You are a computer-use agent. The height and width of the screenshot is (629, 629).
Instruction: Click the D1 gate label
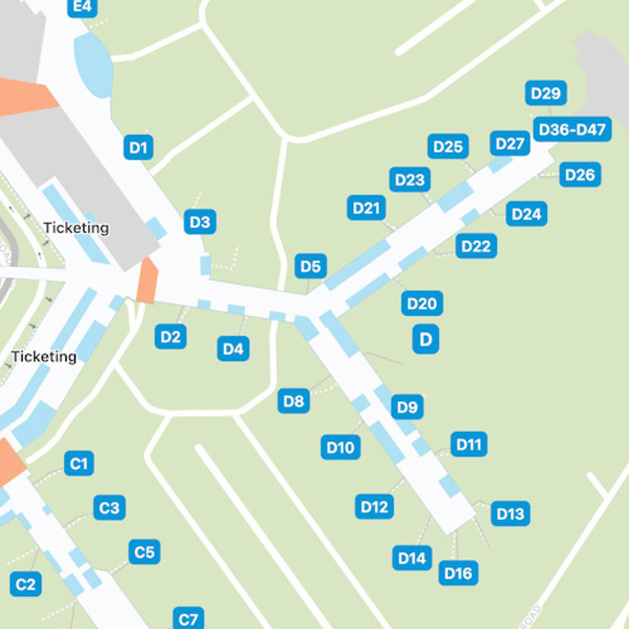coord(137,147)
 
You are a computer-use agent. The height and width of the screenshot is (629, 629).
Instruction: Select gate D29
coord(545,93)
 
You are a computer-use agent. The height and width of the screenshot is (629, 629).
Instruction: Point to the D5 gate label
coord(311,267)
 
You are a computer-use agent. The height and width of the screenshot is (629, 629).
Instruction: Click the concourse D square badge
coord(425,339)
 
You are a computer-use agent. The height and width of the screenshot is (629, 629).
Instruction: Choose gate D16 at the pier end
coord(458,573)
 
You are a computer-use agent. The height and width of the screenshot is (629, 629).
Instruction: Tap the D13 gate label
coord(510,514)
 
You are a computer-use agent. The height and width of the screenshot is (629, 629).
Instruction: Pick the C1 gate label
coord(79,463)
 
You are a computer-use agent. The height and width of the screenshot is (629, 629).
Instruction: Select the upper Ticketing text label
coord(76,228)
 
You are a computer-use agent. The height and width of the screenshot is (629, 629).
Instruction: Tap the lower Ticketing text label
coord(44,356)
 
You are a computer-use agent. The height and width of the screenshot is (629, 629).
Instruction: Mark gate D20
coord(422,304)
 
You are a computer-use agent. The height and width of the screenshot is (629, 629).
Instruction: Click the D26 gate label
coord(580,175)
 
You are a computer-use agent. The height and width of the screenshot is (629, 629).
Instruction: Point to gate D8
coord(293,400)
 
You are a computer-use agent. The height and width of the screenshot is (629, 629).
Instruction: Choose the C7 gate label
coord(188,618)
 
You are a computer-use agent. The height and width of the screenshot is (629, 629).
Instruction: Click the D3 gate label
coord(199,223)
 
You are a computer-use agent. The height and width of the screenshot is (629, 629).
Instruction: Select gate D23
coord(410,180)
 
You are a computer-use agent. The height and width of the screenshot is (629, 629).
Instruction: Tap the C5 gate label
coord(144,552)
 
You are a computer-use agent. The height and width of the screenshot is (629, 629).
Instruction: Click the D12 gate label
coord(375,507)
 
